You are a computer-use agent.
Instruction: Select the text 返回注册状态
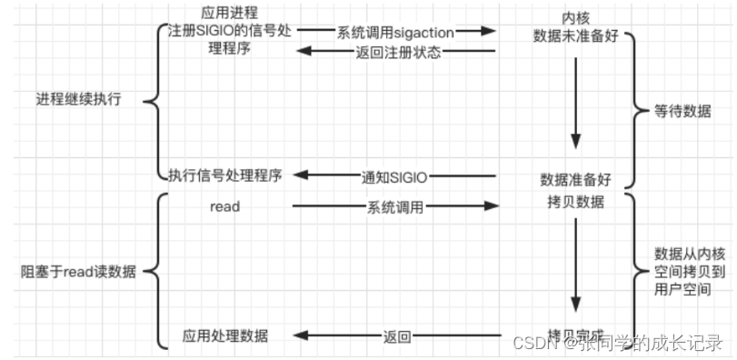point(398,52)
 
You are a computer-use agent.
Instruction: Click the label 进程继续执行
point(79,99)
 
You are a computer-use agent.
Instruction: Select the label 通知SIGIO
point(397,175)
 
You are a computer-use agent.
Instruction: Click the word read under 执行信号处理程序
point(225,206)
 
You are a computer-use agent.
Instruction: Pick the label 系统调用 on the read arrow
point(395,207)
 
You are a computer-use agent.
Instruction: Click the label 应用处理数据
point(225,335)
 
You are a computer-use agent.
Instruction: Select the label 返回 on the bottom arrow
point(398,336)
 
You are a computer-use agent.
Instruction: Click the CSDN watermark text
point(618,343)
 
